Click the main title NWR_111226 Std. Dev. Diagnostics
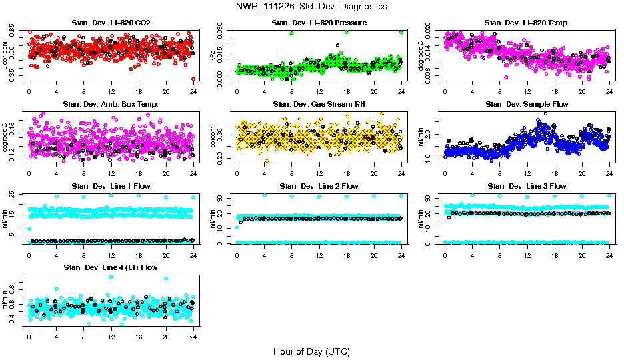[x=311, y=7]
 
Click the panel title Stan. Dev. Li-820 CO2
[x=111, y=23]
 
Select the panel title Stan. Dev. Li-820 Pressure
[x=319, y=23]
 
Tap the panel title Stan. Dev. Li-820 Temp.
[x=527, y=23]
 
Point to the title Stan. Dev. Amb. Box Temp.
[x=111, y=104]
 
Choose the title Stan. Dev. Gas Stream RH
[x=319, y=104]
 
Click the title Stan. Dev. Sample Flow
[x=527, y=104]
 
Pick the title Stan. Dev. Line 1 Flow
[x=111, y=186]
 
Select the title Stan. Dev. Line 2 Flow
[x=319, y=186]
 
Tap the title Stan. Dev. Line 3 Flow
[x=527, y=186]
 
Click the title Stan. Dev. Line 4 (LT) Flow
[x=111, y=267]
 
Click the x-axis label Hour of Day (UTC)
[x=311, y=351]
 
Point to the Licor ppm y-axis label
[x=5, y=55]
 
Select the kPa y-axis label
[x=213, y=56]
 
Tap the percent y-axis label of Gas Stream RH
[x=213, y=137]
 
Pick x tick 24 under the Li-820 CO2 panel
[x=193, y=92]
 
